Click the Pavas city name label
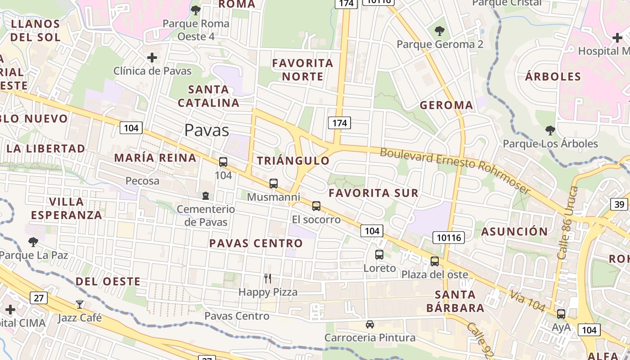click(x=207, y=130)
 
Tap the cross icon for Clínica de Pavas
click(x=152, y=58)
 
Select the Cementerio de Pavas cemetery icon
click(x=206, y=196)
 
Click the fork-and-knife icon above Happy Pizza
click(x=268, y=279)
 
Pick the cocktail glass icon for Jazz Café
click(x=80, y=305)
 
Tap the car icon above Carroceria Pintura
click(x=370, y=324)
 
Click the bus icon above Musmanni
click(x=274, y=184)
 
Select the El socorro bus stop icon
click(x=316, y=206)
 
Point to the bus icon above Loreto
click(x=379, y=255)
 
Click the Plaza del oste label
click(x=435, y=274)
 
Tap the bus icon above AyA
click(x=561, y=314)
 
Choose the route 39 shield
click(x=620, y=204)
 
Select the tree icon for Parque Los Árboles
click(x=550, y=130)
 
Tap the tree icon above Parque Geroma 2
click(x=440, y=31)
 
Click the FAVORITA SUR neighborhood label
click(x=373, y=193)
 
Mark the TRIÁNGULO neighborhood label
click(x=293, y=161)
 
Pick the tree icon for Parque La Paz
click(x=33, y=242)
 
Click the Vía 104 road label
click(x=527, y=300)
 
